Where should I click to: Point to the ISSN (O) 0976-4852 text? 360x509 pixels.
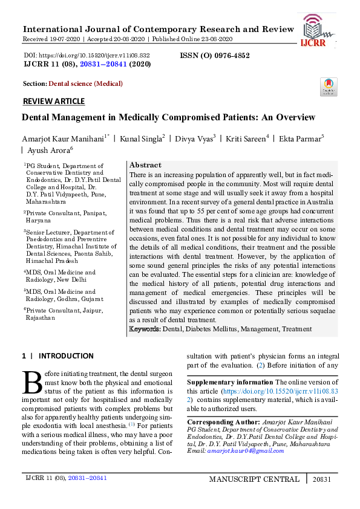(x=215, y=55)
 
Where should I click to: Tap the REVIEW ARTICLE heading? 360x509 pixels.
(x=53, y=102)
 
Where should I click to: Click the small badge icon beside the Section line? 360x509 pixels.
(x=329, y=87)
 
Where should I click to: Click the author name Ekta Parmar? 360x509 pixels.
(x=299, y=140)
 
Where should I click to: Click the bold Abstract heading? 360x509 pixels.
(x=145, y=165)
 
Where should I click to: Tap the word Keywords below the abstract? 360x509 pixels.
(x=144, y=329)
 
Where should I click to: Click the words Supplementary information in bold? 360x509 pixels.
(x=230, y=383)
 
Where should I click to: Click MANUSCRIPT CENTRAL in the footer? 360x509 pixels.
(x=254, y=479)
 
